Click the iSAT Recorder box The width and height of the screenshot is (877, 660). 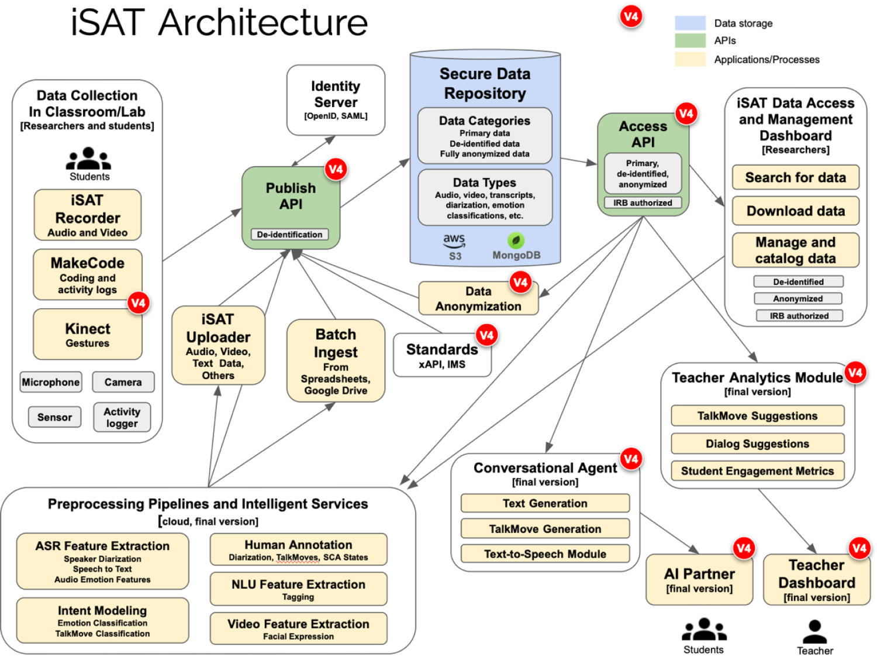point(88,215)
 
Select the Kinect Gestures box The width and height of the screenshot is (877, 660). point(88,334)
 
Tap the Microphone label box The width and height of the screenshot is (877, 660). point(51,382)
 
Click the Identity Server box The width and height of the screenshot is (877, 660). point(336,100)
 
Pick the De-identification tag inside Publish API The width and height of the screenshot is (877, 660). point(289,235)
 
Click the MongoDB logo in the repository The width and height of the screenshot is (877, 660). point(516,241)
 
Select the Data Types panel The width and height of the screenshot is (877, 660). point(485,198)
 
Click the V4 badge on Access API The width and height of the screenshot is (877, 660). point(686,114)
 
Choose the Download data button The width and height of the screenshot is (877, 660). point(795,211)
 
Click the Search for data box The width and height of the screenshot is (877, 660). point(795,177)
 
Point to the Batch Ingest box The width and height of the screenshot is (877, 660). point(336,361)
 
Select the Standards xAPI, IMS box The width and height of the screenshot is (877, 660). point(442,355)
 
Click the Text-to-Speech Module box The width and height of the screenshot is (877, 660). point(545,554)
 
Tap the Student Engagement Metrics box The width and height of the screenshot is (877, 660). point(757,471)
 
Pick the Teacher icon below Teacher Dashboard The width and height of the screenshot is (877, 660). point(814,632)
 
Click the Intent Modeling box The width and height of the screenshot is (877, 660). point(102,620)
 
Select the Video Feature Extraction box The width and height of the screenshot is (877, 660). point(298,628)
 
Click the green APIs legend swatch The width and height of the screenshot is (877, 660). point(690,40)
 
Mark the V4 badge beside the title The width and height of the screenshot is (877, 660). point(631,16)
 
